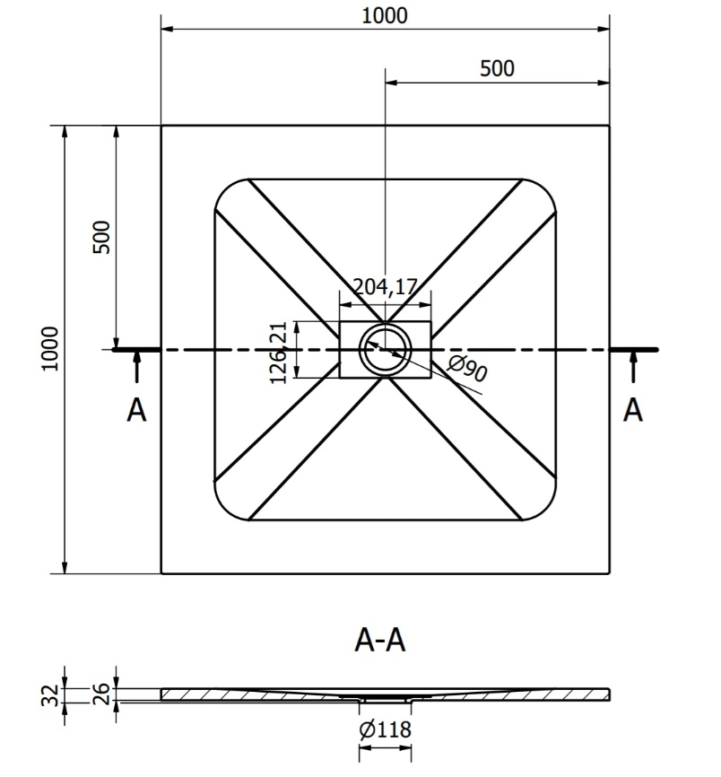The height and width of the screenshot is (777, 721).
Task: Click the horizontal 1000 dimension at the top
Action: tap(385, 16)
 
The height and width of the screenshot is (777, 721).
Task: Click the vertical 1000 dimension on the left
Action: tap(50, 348)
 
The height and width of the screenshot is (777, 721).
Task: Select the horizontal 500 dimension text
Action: tap(497, 68)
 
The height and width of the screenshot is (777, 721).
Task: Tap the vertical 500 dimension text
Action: tap(101, 238)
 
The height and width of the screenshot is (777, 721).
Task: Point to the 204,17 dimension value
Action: tap(386, 287)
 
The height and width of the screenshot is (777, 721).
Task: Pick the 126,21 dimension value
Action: tap(278, 353)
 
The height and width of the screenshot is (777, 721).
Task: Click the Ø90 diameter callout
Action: tap(467, 368)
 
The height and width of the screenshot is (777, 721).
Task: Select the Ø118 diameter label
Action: tap(386, 729)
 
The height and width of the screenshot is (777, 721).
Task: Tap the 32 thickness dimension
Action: tap(50, 695)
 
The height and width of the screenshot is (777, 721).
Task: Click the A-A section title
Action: tap(380, 640)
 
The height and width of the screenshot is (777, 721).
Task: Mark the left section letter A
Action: tap(136, 410)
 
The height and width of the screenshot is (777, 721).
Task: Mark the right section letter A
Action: tap(633, 410)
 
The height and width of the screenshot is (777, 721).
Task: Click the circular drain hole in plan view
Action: tap(386, 349)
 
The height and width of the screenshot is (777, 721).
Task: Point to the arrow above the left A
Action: tap(136, 367)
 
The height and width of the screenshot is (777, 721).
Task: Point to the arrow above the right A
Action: tap(633, 367)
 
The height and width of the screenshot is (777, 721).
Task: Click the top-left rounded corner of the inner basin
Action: tap(225, 188)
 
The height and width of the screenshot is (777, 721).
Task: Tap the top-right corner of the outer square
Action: tap(609, 126)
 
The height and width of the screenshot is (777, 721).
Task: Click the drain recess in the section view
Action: tap(386, 700)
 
